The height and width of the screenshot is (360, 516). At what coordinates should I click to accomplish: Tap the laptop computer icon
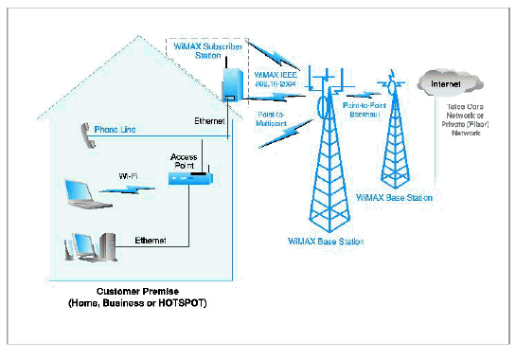point(80,193)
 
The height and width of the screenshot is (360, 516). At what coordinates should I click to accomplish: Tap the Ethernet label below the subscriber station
point(210,121)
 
